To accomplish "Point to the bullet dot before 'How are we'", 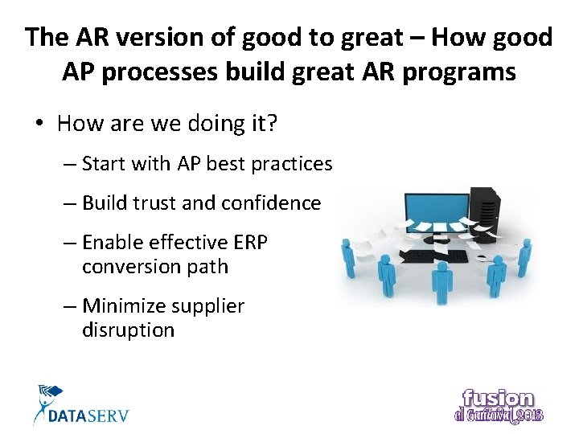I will click(39, 124).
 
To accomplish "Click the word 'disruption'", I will click(128, 330).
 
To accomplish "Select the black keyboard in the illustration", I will click(434, 256).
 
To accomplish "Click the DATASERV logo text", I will click(88, 416).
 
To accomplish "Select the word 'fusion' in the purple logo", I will click(498, 399).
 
